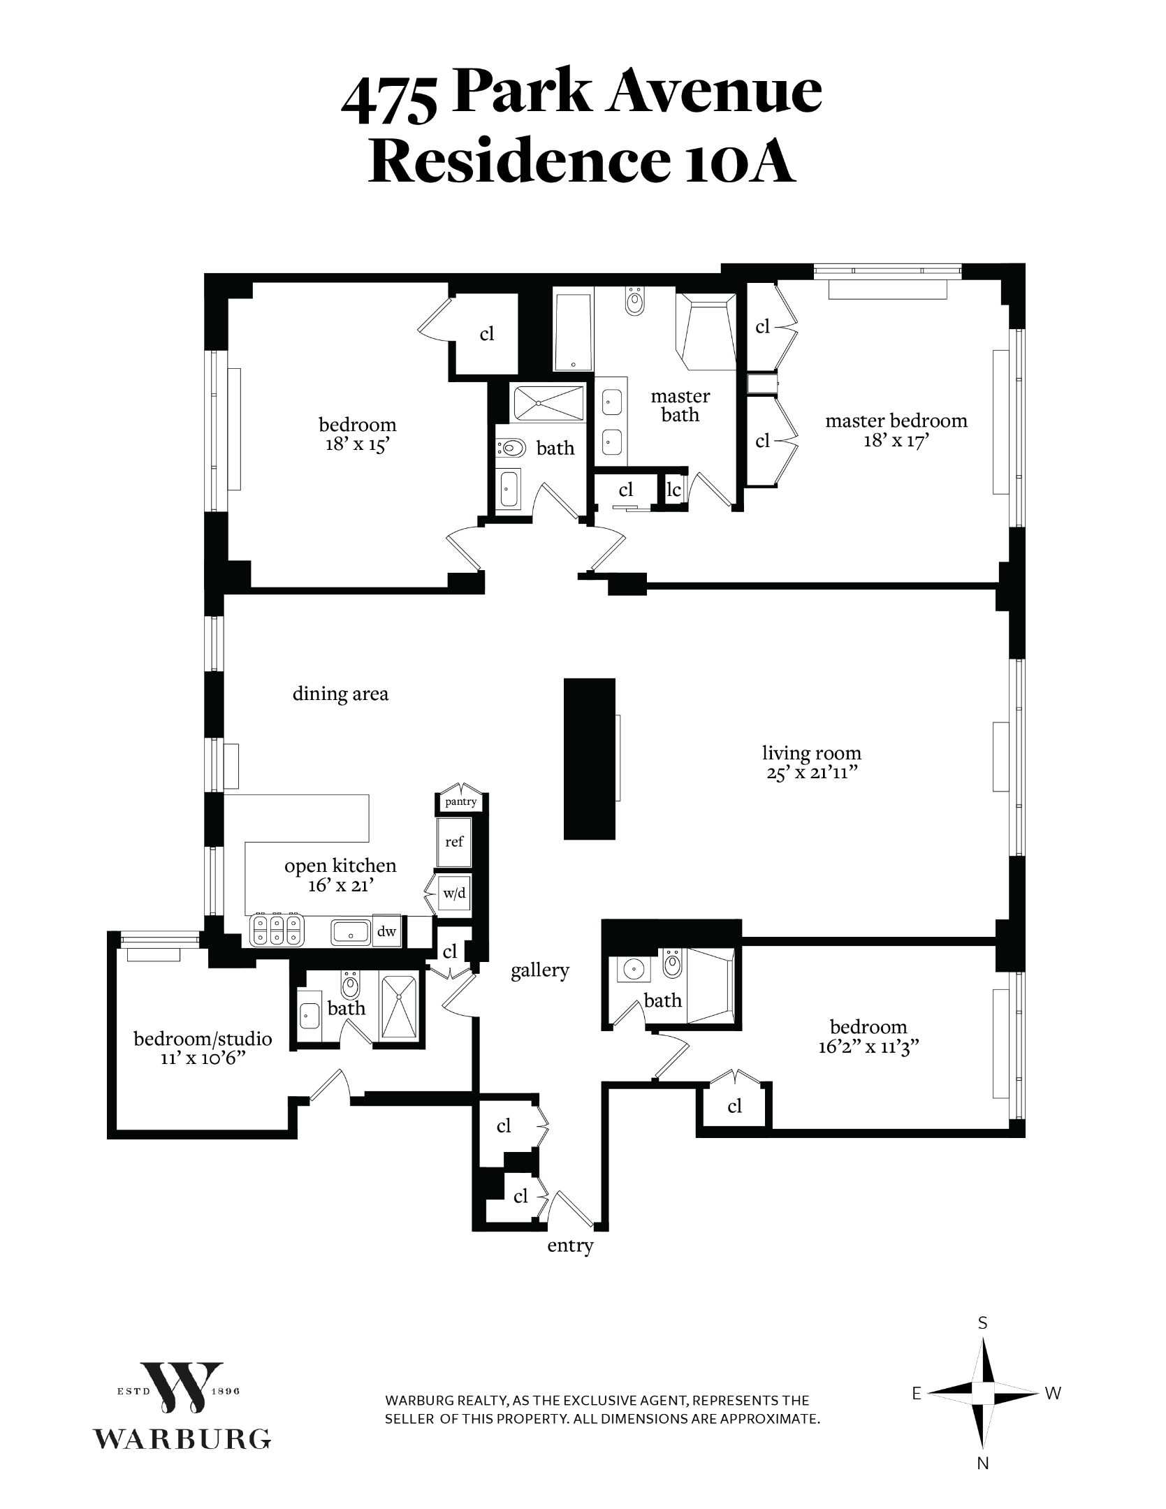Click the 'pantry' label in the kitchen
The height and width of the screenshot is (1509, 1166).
point(460,801)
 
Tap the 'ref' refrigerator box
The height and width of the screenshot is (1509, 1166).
point(454,842)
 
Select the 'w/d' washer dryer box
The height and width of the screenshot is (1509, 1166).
point(454,894)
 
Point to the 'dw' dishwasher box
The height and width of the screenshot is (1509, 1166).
point(386,931)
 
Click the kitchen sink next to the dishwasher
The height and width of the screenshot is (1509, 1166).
point(351,931)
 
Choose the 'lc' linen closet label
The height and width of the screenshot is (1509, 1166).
point(673,490)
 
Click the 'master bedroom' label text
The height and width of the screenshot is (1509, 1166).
point(896,421)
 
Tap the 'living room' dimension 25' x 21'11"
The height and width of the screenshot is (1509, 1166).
point(811,773)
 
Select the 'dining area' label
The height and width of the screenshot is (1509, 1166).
point(340,694)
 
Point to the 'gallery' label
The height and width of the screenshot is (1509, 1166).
point(539,970)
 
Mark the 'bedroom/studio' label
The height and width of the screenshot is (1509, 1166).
point(203,1039)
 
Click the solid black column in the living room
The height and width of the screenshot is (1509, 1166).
point(590,758)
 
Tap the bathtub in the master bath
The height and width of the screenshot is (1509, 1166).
point(573,331)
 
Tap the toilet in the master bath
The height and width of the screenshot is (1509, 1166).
point(634,301)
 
